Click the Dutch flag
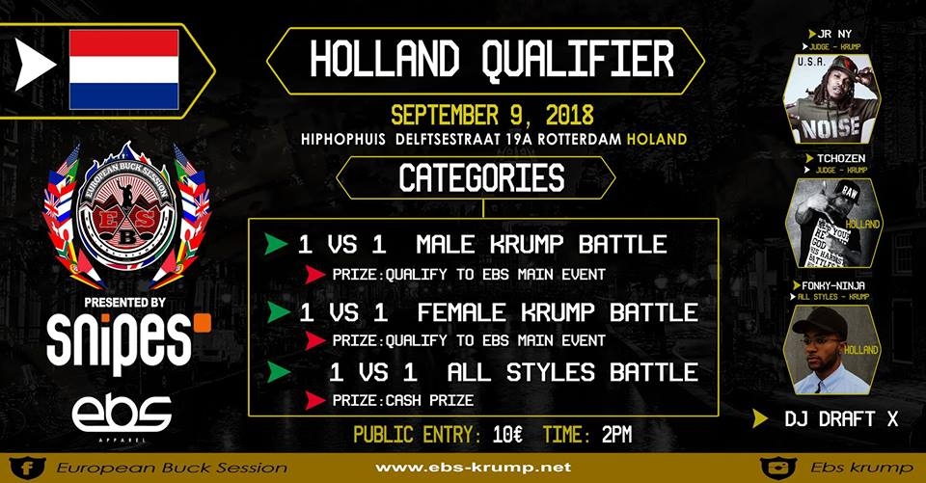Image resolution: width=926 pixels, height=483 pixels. (123, 69)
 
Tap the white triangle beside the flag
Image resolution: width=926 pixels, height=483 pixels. (35, 69)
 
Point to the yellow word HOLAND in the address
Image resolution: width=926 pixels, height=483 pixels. (656, 139)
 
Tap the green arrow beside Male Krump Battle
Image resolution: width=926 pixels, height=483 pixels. (276, 244)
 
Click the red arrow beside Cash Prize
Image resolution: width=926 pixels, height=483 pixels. (314, 400)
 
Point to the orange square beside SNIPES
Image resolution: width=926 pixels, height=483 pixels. (202, 320)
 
